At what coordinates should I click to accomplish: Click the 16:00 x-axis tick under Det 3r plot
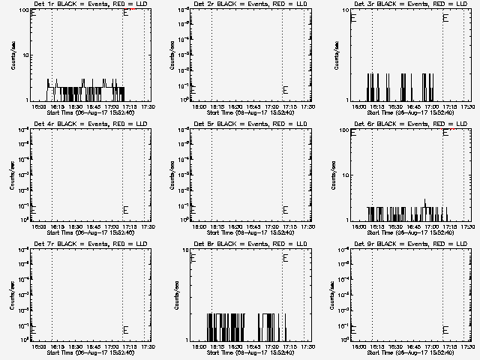[361, 106]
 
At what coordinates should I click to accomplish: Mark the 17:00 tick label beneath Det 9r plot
[433, 346]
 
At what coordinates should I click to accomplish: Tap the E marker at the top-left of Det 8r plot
[193, 258]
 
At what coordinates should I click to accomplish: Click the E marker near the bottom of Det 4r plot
[126, 210]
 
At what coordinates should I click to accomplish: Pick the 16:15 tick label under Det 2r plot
[218, 106]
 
